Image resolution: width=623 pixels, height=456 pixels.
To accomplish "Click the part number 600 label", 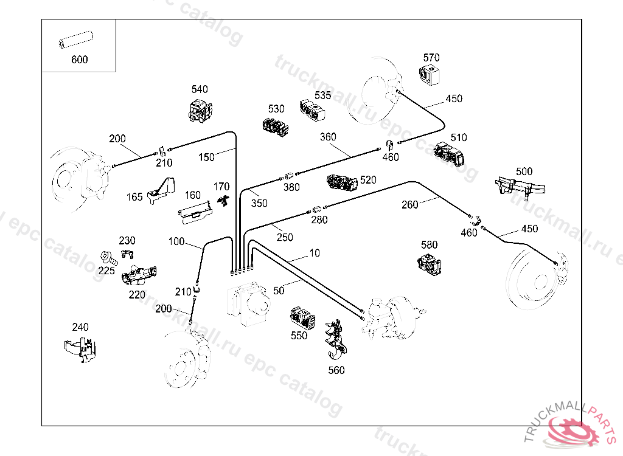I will [x=79, y=60].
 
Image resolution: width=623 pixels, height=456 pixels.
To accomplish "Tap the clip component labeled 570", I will [x=430, y=76].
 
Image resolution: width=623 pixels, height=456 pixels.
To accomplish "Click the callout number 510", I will [x=458, y=137].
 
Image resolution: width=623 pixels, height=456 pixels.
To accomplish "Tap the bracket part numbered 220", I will [x=139, y=275].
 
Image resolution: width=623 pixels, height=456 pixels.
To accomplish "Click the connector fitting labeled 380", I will [x=290, y=178].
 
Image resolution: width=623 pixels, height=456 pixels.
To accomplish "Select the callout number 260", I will [x=410, y=204].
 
